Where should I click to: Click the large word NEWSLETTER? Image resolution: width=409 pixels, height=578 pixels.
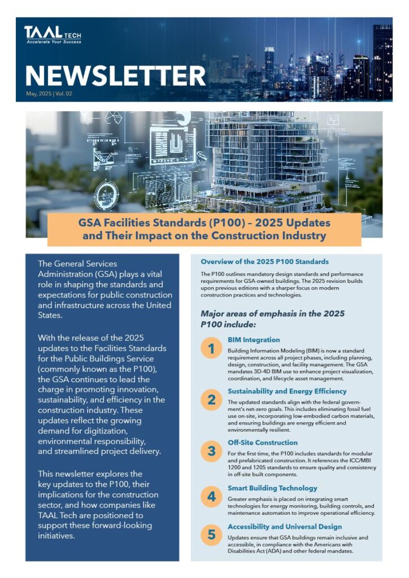115,76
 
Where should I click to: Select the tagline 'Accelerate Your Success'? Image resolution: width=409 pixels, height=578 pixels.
53,42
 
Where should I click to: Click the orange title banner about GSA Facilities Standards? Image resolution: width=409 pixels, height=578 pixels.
204,229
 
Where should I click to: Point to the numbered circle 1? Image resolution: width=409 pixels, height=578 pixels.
211,349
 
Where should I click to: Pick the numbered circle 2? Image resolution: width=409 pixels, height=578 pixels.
211,400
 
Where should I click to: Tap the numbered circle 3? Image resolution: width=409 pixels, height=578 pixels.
211,451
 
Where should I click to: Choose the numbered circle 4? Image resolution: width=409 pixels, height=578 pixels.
211,497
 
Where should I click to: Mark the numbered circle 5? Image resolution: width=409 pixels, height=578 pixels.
211,535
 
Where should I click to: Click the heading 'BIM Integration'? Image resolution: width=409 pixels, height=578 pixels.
254,340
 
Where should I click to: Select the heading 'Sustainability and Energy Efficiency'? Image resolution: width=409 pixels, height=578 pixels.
287,391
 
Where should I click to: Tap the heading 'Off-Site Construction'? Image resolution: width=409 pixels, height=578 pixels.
263,443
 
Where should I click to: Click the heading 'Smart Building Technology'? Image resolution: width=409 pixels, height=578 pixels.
272,488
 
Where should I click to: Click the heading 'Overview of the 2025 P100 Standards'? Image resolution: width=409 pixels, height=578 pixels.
264,262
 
